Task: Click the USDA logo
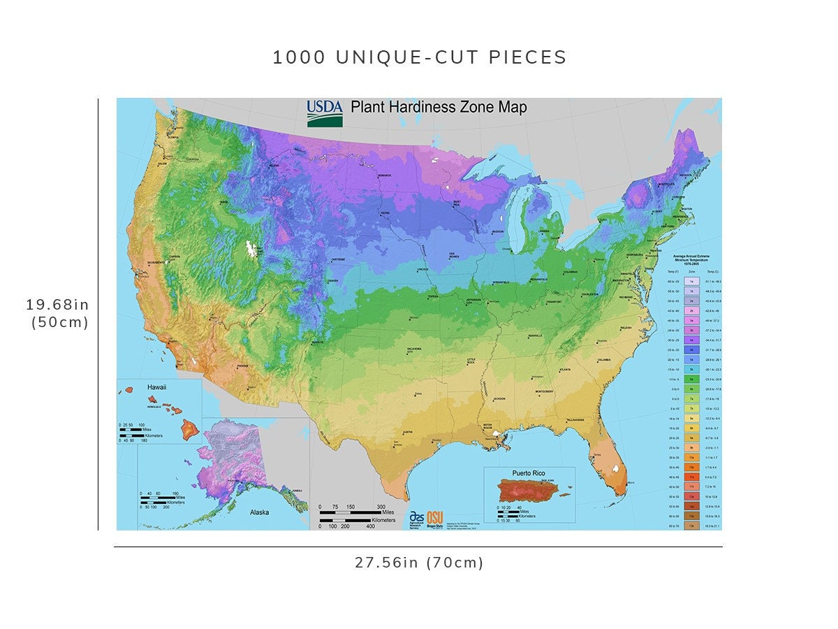click(x=325, y=113)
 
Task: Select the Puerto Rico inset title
click(x=529, y=473)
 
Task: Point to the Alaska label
click(x=260, y=512)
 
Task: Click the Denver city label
click(x=332, y=281)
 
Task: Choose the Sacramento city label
click(x=156, y=262)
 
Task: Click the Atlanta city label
click(x=564, y=369)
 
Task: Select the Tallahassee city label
click(x=575, y=419)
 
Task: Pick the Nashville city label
click(x=536, y=335)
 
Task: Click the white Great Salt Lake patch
click(x=248, y=249)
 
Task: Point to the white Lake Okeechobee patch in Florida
click(x=615, y=468)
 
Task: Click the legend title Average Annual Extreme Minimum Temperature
click(x=691, y=261)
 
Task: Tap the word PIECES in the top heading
click(x=527, y=57)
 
